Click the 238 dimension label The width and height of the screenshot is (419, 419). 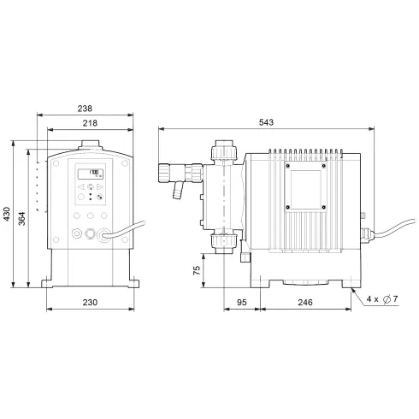84,109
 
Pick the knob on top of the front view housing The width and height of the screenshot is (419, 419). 86,141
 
